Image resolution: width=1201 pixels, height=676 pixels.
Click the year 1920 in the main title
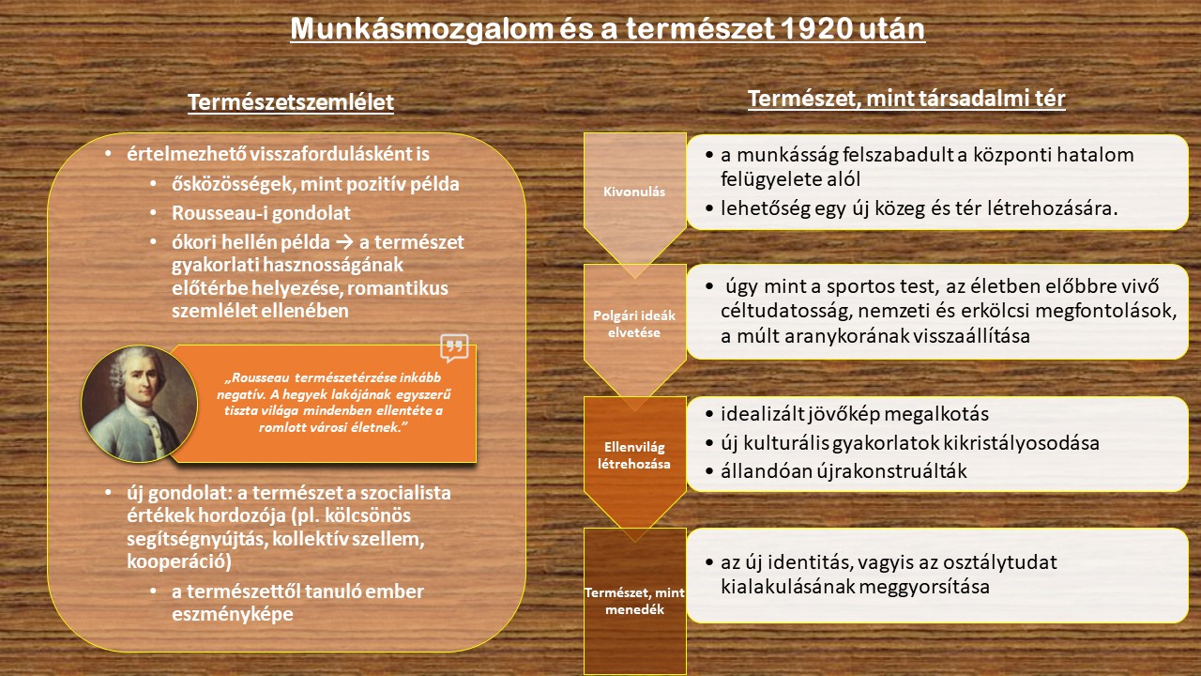(816, 28)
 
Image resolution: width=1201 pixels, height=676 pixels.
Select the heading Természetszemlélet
(291, 102)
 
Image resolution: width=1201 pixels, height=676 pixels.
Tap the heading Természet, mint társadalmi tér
(906, 99)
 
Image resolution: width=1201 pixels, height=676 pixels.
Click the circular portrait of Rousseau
(140, 404)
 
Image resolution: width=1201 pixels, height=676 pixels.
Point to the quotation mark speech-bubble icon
(454, 347)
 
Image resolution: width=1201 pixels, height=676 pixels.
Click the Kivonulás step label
(634, 192)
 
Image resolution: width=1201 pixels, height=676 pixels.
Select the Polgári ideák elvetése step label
(634, 324)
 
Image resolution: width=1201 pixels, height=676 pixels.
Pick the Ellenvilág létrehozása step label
(634, 455)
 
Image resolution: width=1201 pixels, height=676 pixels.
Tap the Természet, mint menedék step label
(634, 601)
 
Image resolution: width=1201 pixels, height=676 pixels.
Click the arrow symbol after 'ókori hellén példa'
(344, 242)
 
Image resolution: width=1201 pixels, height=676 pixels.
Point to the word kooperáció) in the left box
(179, 561)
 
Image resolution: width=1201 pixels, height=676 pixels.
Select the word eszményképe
(232, 614)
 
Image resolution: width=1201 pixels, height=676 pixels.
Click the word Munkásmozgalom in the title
(422, 29)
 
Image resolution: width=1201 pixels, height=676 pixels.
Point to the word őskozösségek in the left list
(234, 184)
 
